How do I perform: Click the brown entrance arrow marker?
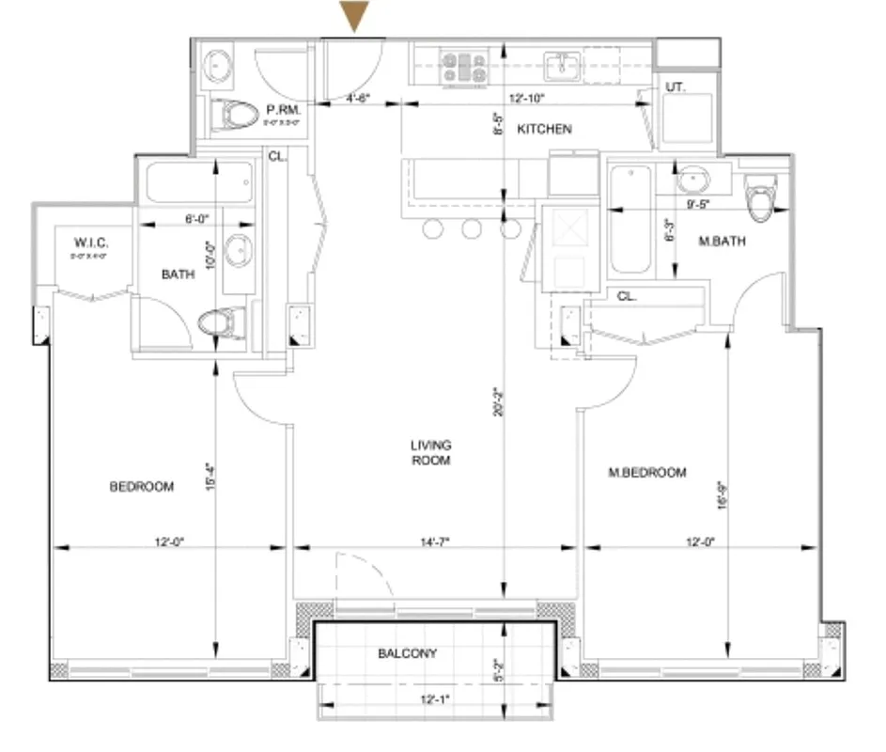[x=355, y=17]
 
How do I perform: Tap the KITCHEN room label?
[x=544, y=129]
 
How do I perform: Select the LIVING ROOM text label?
[x=431, y=452]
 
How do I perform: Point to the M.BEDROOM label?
[x=647, y=472]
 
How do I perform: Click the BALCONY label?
[x=407, y=652]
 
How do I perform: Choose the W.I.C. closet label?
[x=90, y=244]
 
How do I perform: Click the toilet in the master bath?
[x=758, y=197]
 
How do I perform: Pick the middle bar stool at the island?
[x=472, y=228]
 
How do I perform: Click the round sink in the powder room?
[x=223, y=65]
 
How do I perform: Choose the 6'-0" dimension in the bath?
[x=195, y=218]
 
